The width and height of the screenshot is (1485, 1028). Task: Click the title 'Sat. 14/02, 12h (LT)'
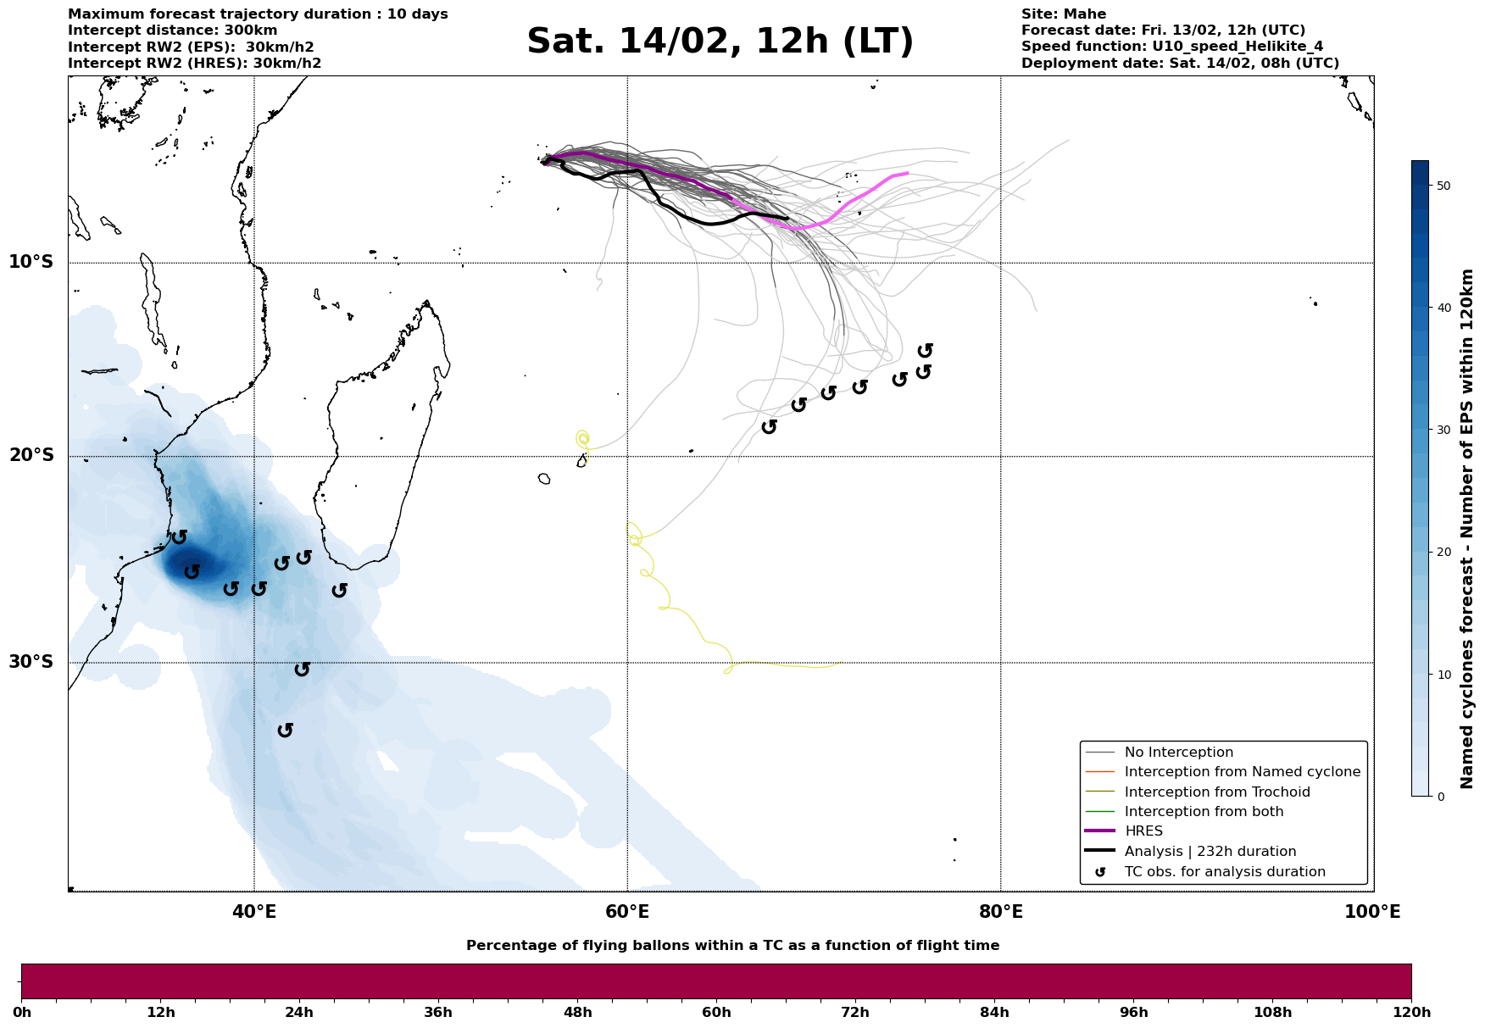click(x=720, y=42)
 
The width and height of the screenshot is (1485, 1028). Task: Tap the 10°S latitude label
click(x=31, y=262)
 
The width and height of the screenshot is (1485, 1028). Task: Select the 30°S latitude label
click(x=31, y=662)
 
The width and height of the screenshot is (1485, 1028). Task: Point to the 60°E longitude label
click(x=627, y=912)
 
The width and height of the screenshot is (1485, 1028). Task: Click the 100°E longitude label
click(x=1372, y=912)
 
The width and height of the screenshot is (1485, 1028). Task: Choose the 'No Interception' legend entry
click(x=1178, y=753)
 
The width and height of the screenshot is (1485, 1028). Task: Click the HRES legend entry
click(x=1143, y=831)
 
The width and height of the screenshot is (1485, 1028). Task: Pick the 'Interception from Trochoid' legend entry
click(x=1216, y=792)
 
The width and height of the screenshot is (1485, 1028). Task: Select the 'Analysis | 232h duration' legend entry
click(x=1210, y=852)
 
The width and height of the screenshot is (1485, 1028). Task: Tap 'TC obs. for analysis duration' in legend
click(x=1224, y=872)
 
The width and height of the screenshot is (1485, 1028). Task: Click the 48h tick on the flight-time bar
click(x=578, y=1013)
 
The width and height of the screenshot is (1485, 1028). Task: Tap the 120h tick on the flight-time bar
click(x=1411, y=1013)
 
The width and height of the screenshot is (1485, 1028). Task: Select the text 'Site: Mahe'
click(x=1063, y=14)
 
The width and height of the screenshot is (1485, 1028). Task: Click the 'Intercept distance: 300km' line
click(x=172, y=31)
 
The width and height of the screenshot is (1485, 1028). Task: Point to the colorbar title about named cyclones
click(x=1468, y=529)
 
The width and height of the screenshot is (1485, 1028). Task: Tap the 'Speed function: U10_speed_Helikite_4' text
click(x=1171, y=47)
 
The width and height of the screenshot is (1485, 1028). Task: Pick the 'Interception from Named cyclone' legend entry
click(x=1242, y=772)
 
